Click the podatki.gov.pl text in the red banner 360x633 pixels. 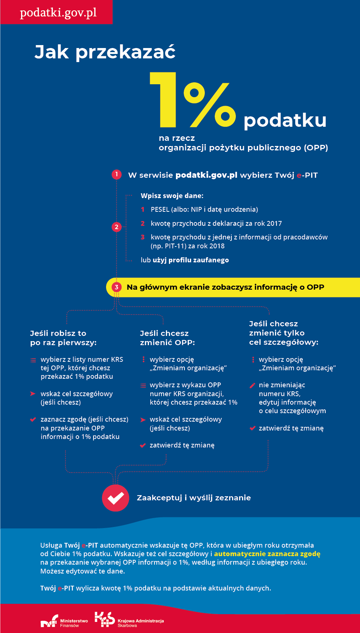click(x=58, y=13)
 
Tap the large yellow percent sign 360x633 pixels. click(x=210, y=105)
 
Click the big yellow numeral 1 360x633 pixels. click(x=164, y=99)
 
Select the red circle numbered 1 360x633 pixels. click(x=116, y=174)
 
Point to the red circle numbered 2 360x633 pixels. click(x=116, y=227)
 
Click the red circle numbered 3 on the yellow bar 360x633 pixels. click(x=116, y=287)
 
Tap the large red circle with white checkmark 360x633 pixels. click(x=116, y=498)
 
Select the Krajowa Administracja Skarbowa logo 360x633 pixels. click(x=129, y=619)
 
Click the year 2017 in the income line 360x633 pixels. click(x=274, y=224)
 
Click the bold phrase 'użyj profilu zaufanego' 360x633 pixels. click(x=191, y=260)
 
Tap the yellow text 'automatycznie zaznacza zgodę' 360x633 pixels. click(x=267, y=554)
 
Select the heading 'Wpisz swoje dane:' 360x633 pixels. click(x=172, y=195)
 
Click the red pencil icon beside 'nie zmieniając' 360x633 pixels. click(x=252, y=385)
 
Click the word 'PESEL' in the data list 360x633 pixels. click(x=160, y=210)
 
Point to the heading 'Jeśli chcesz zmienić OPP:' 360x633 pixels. click(x=167, y=338)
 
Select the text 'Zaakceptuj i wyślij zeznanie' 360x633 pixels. click(x=194, y=498)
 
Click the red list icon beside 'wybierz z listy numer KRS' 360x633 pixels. click(x=33, y=360)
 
